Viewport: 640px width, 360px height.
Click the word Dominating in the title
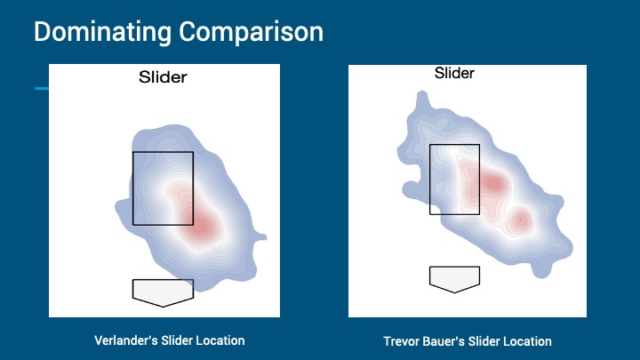pyautogui.click(x=102, y=32)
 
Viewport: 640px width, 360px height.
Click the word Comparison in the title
pyautogui.click(x=252, y=32)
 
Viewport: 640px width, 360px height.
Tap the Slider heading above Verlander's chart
pyautogui.click(x=163, y=77)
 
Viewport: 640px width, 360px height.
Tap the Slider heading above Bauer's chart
pyautogui.click(x=454, y=73)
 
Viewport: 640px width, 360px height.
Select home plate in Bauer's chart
pyautogui.click(x=454, y=279)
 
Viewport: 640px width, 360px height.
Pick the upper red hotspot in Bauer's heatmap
pyautogui.click(x=494, y=183)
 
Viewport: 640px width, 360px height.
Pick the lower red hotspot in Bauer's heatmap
pyautogui.click(x=521, y=220)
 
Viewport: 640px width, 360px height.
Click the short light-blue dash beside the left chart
pyautogui.click(x=42, y=88)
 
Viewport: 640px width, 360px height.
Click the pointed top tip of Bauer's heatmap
pyautogui.click(x=421, y=92)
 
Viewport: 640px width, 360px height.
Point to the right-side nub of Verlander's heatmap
pyautogui.click(x=261, y=237)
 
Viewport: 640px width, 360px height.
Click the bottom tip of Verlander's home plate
pyautogui.click(x=163, y=307)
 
